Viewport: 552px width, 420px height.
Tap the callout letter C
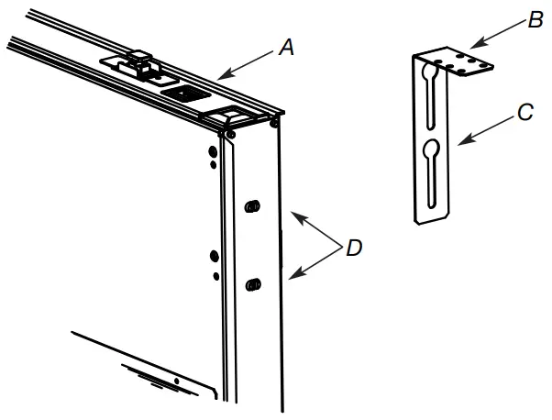pyautogui.click(x=525, y=113)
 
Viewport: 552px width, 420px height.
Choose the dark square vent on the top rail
pyautogui.click(x=182, y=94)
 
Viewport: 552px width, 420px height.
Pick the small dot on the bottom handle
pyautogui.click(x=175, y=380)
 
